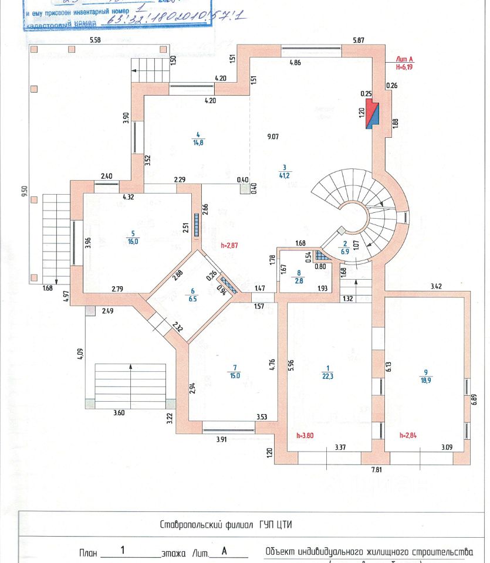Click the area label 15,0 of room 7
pyautogui.click(x=235, y=375)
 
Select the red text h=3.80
pyautogui.click(x=305, y=436)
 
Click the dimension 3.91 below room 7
pyautogui.click(x=221, y=439)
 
